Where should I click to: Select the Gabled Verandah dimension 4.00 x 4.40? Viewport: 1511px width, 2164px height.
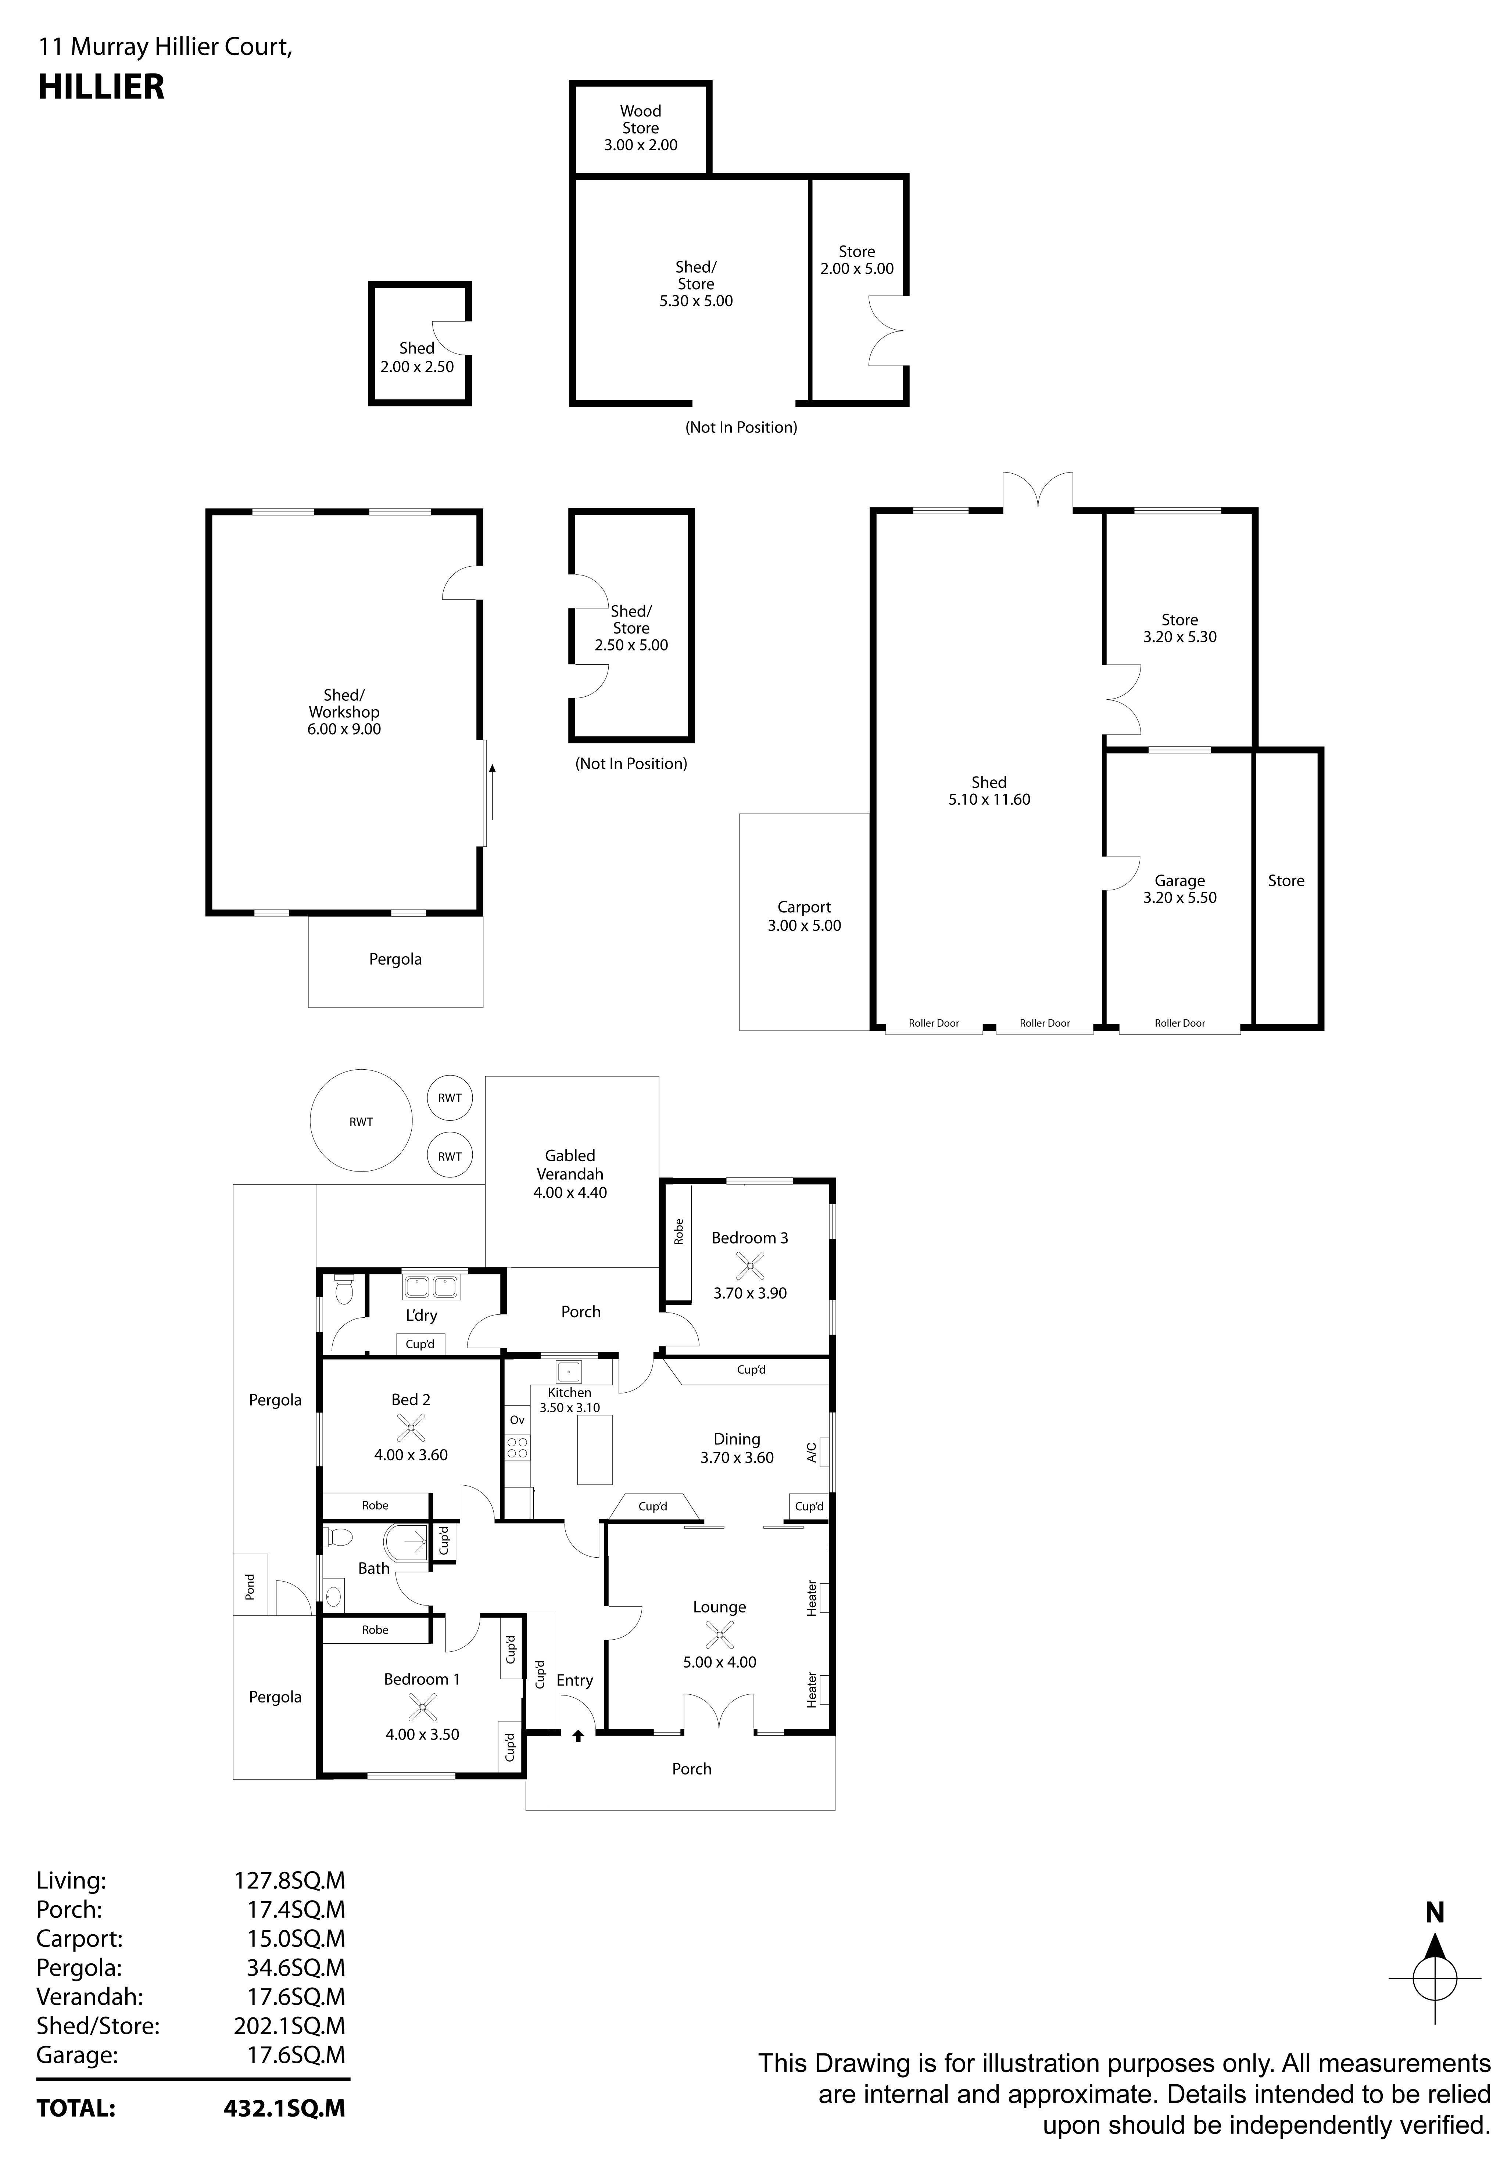570,1192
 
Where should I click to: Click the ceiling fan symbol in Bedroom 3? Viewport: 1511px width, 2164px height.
750,1265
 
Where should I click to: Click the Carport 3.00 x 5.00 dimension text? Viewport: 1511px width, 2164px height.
804,926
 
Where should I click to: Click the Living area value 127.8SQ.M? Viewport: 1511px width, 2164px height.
289,1880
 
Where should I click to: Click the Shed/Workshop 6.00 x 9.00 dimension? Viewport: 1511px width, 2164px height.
344,729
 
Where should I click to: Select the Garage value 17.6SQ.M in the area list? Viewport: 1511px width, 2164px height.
296,2054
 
